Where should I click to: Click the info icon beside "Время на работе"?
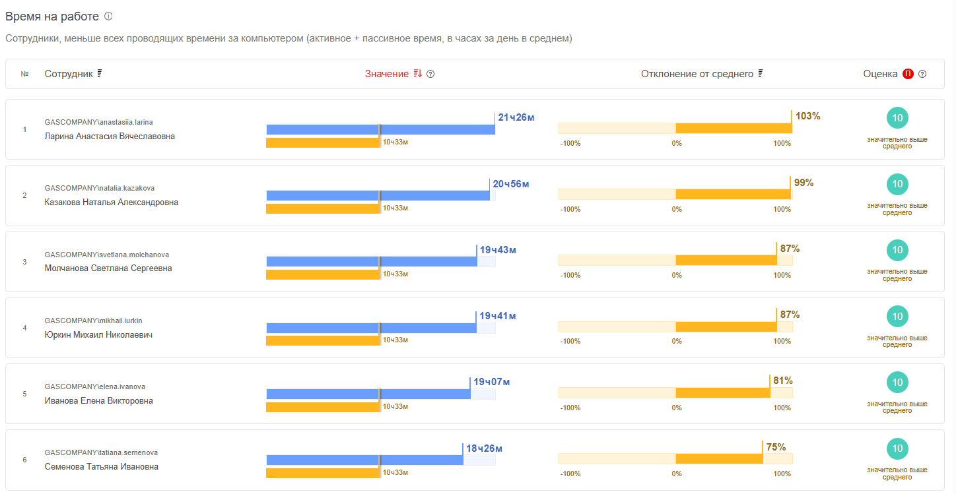point(108,16)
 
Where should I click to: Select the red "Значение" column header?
point(387,74)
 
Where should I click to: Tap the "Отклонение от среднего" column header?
point(697,74)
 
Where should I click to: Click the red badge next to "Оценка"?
point(908,74)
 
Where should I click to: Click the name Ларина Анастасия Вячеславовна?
point(110,137)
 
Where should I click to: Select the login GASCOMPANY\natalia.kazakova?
point(100,188)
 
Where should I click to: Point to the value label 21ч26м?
point(516,117)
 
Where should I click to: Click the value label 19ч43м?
point(498,250)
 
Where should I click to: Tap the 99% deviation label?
point(804,183)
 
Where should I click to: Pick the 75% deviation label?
point(776,447)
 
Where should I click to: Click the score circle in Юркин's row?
point(897,317)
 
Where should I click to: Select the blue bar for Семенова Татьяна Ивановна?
point(364,460)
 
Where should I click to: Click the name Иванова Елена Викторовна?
point(98,401)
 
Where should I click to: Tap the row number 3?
point(24,262)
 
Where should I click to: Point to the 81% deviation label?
point(782,381)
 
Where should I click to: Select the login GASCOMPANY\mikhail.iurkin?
point(93,321)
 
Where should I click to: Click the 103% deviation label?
point(807,116)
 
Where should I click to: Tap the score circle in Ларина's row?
point(897,118)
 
